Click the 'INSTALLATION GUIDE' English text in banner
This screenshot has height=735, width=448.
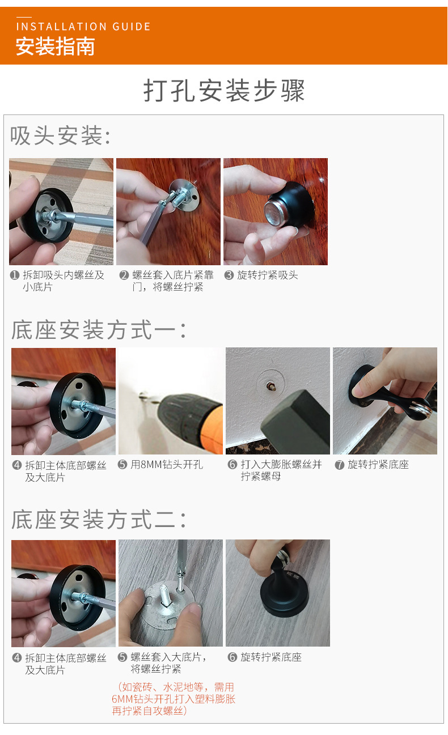(x=83, y=27)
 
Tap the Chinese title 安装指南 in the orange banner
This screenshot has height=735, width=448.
(x=55, y=46)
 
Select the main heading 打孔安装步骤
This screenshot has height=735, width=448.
(x=224, y=91)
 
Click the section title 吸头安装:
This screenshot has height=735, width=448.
(x=60, y=136)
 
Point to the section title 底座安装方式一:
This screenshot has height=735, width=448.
(x=99, y=330)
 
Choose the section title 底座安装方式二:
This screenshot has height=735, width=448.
(x=99, y=519)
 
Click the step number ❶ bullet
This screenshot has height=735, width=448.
(x=15, y=275)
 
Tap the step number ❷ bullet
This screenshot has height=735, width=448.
(x=124, y=275)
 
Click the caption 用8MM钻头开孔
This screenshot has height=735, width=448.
(x=166, y=465)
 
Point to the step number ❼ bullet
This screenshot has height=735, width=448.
(x=340, y=465)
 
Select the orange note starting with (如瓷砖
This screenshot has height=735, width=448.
(x=173, y=699)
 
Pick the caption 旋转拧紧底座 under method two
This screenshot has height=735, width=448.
(x=271, y=657)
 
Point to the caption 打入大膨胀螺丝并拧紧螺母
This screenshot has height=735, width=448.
(x=281, y=470)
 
